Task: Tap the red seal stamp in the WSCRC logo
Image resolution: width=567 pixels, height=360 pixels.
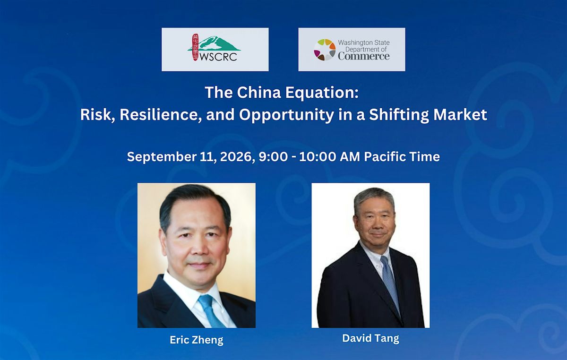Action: (x=195, y=47)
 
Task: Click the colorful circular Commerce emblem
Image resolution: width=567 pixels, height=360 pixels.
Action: (x=325, y=50)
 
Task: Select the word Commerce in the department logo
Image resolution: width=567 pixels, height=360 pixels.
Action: (x=364, y=56)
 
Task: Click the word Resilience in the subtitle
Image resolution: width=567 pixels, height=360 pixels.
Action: (x=161, y=115)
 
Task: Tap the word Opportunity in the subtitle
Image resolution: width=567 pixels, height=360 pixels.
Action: (x=286, y=115)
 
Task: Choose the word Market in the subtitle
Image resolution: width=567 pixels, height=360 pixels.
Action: (x=460, y=115)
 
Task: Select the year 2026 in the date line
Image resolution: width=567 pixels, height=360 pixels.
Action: (x=237, y=157)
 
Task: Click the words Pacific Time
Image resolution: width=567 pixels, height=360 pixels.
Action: (x=402, y=157)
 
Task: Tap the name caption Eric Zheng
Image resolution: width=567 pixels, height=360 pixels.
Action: (x=197, y=340)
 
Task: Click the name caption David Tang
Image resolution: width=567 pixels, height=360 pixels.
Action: (x=370, y=338)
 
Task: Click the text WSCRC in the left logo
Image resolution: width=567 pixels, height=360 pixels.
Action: (x=218, y=57)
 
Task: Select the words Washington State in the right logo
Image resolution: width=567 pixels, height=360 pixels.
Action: (x=364, y=43)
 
